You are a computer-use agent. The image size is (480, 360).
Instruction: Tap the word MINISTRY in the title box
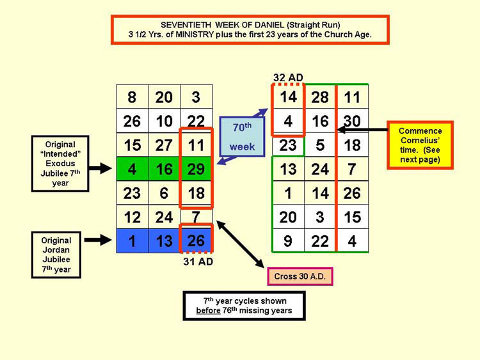click(x=195, y=35)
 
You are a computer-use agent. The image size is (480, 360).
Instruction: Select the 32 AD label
click(x=288, y=77)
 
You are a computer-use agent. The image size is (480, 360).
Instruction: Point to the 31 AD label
click(x=198, y=262)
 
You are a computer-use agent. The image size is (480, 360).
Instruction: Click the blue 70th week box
click(x=242, y=137)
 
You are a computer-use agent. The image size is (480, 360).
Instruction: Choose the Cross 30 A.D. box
click(x=300, y=276)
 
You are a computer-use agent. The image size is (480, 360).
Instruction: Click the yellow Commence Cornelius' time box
click(x=420, y=145)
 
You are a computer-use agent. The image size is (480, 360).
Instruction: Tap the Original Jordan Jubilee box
click(x=56, y=254)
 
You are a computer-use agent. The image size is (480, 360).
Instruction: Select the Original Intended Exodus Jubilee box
click(x=60, y=164)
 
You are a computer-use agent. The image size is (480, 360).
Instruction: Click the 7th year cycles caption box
click(x=244, y=306)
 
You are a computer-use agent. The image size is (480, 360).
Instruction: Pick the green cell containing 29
click(x=196, y=169)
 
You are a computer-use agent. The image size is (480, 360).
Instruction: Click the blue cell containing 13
click(x=164, y=240)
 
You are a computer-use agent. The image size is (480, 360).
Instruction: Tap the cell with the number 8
click(x=132, y=97)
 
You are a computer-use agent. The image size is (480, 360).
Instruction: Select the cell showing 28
click(x=320, y=97)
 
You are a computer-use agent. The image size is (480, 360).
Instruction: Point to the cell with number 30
click(x=352, y=121)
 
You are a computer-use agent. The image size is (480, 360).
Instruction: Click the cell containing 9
click(x=288, y=240)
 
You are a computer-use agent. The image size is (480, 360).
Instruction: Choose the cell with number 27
click(x=164, y=145)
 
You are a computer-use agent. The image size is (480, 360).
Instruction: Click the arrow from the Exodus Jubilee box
click(x=100, y=168)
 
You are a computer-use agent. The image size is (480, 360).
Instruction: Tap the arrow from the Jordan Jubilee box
click(x=98, y=240)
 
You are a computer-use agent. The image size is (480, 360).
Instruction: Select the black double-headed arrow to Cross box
click(x=240, y=244)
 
